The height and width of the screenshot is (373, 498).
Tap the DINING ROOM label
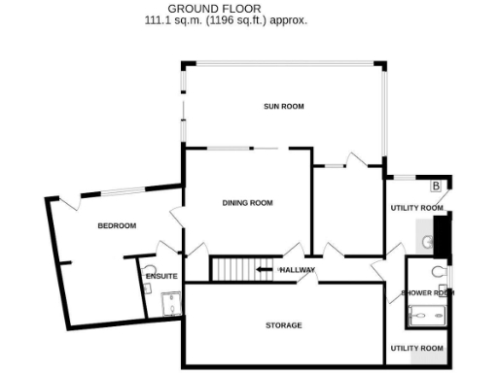(247, 203)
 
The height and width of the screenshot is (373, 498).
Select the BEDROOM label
(116, 226)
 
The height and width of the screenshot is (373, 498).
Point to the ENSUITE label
(160, 277)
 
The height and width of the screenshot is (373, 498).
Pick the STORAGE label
(283, 325)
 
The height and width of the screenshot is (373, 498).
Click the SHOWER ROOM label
(428, 292)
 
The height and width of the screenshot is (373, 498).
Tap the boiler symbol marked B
(436, 186)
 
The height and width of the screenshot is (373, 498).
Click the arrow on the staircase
(264, 269)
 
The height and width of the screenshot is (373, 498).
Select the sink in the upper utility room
(428, 239)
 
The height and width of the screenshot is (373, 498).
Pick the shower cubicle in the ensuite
(170, 305)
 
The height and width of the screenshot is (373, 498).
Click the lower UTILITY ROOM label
(417, 348)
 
